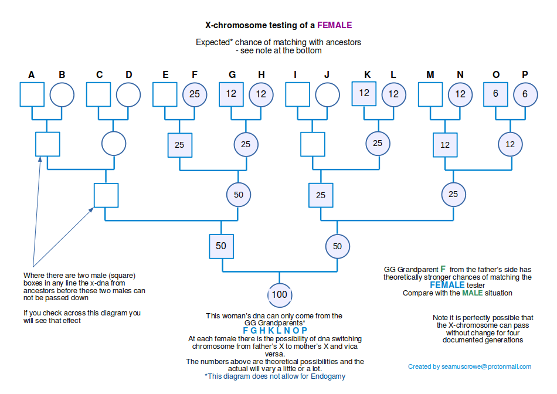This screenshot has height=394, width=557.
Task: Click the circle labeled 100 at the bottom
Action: point(279,294)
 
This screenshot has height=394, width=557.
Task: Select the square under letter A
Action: point(32,94)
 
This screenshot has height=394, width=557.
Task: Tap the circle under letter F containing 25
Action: point(195,94)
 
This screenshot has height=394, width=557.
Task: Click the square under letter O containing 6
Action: point(496,94)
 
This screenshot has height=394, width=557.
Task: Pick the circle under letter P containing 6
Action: point(525,94)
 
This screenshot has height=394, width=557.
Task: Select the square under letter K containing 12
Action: point(364,94)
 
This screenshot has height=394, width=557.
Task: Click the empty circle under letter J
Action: point(327,94)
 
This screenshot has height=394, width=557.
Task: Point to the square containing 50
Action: point(221,246)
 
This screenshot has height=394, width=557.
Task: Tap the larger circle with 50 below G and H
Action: point(239,195)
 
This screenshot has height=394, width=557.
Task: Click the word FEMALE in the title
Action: point(335,25)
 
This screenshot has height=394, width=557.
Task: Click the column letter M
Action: point(430,74)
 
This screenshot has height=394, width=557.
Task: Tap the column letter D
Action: point(129,74)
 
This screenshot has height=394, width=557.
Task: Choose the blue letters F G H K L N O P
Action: point(275,331)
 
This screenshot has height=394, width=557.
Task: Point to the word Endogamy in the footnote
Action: point(328,376)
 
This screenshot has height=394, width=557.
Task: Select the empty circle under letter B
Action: point(62,94)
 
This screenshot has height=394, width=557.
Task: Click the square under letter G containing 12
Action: point(231,94)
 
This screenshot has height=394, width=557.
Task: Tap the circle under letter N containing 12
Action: point(460,94)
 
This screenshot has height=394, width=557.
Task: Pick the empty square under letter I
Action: point(297,94)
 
